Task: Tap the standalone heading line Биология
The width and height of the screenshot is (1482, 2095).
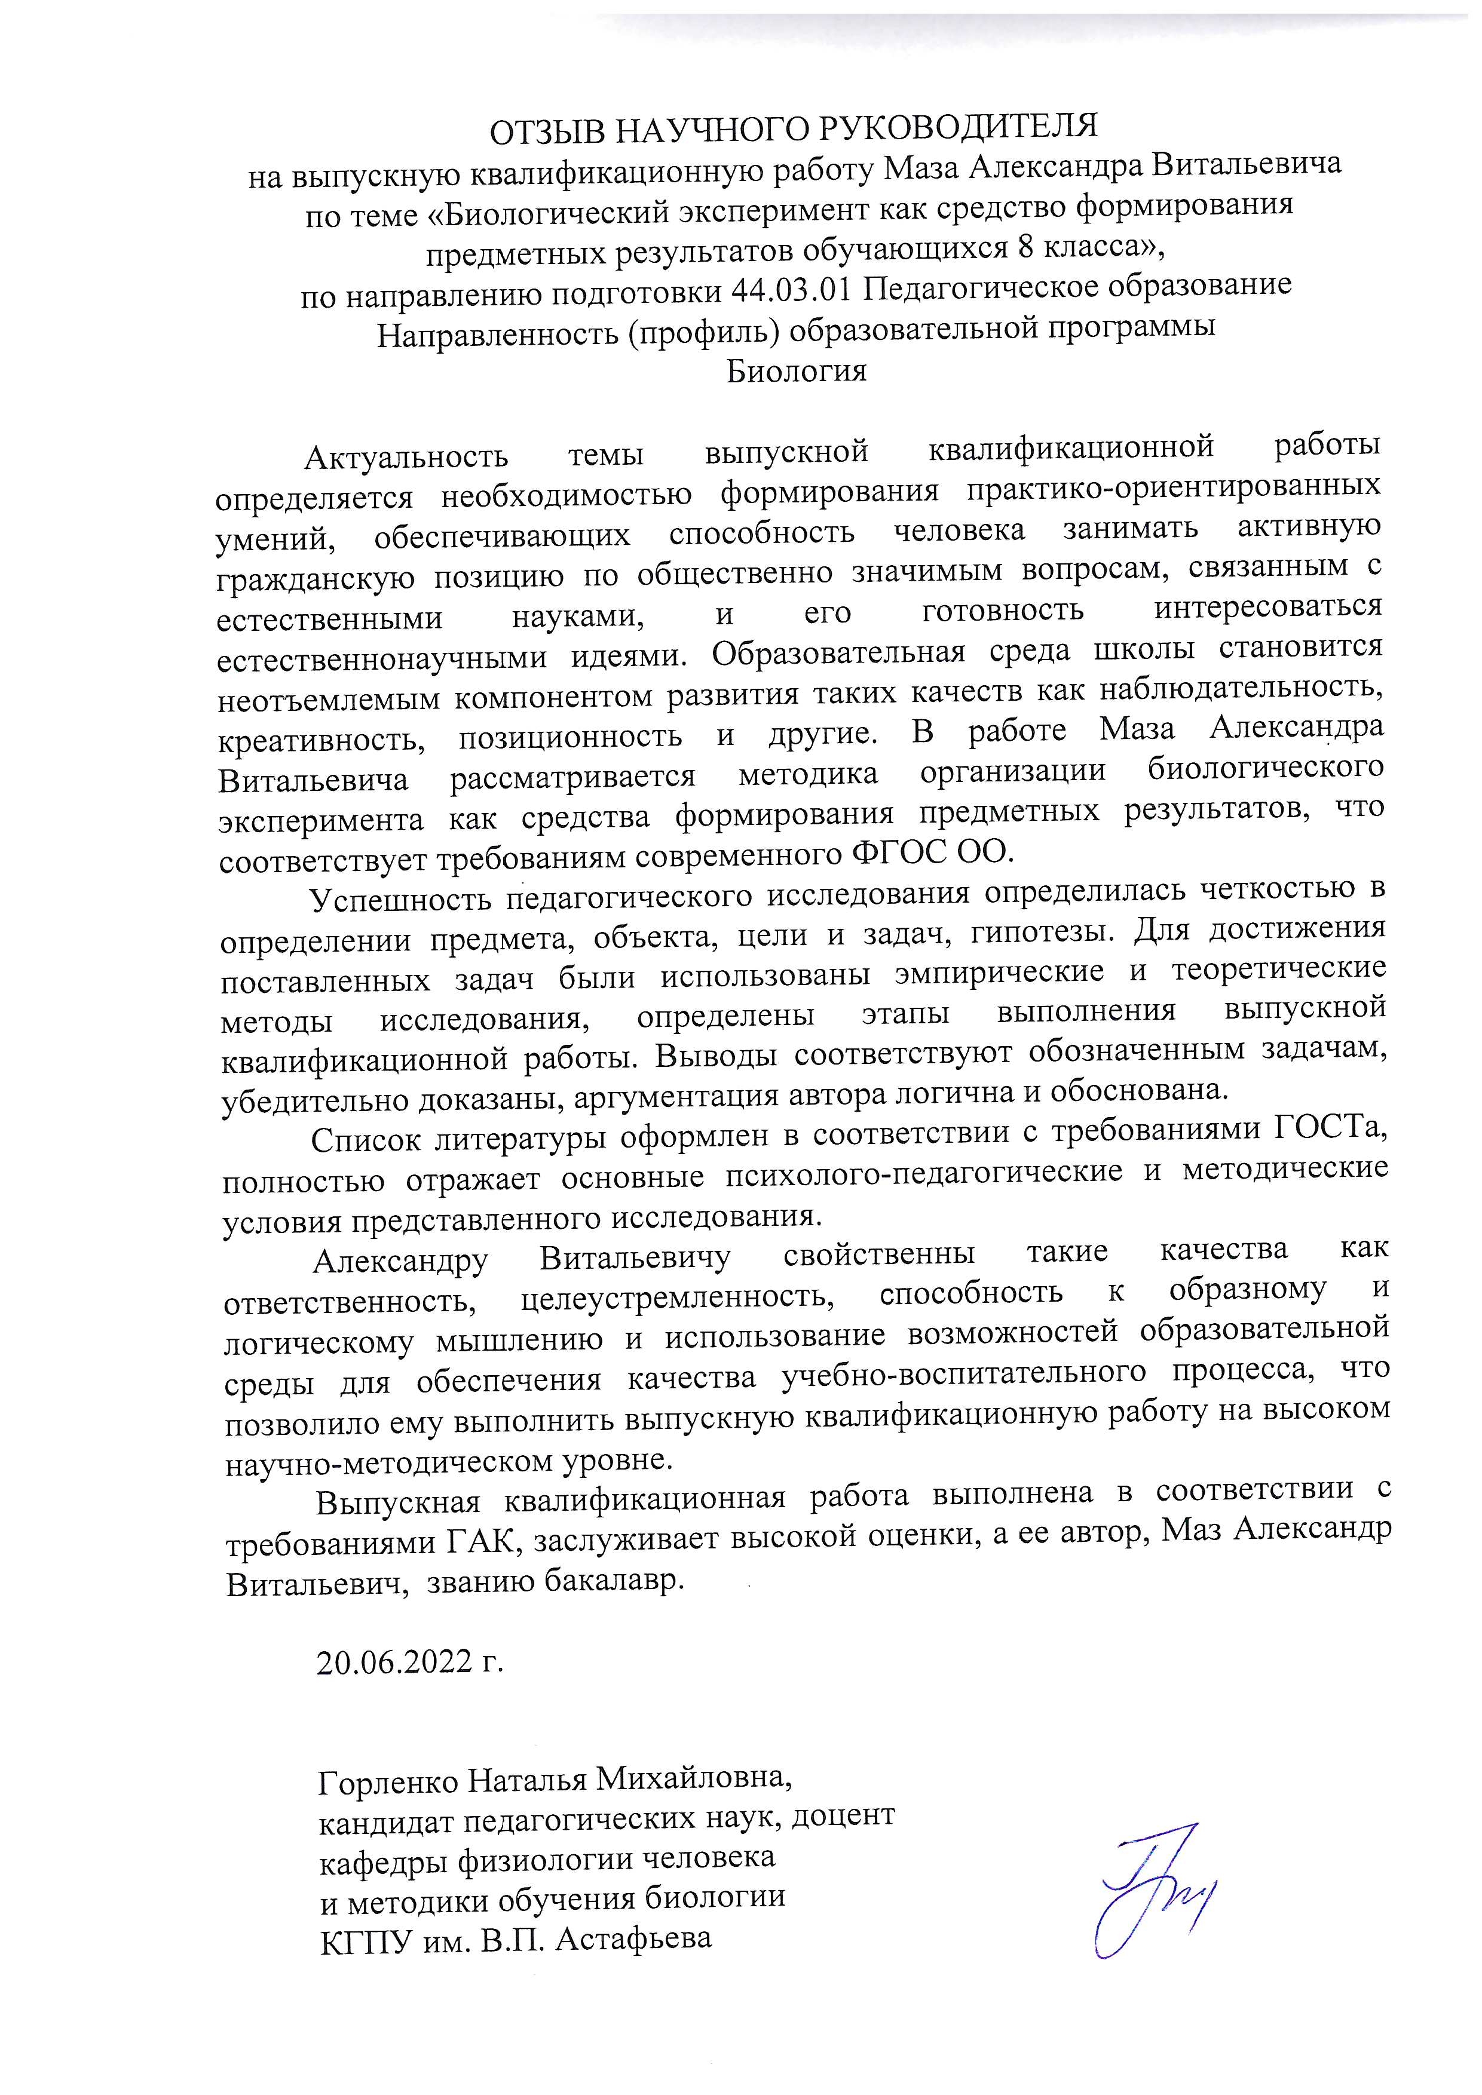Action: [x=796, y=372]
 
